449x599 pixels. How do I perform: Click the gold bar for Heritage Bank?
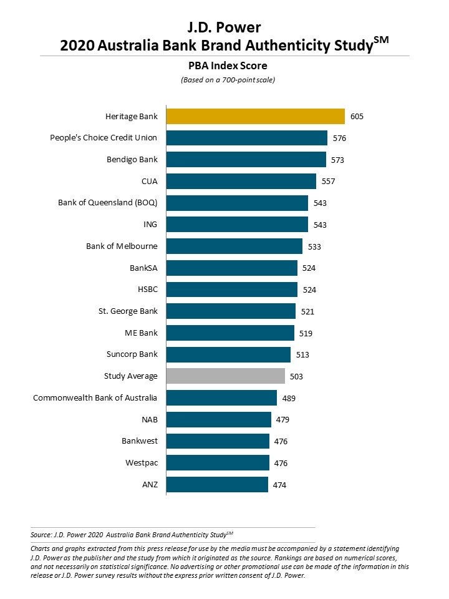[256, 117]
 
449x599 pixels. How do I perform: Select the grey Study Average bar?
[226, 376]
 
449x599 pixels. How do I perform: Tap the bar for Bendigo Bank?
[246, 160]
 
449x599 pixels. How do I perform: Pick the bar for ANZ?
[217, 484]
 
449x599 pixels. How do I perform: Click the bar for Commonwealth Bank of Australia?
[221, 398]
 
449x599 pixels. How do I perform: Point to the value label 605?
[357, 117]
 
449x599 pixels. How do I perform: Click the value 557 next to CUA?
[328, 182]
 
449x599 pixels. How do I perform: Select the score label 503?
[297, 376]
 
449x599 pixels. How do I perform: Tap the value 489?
[289, 398]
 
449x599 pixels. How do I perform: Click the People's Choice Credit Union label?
[104, 138]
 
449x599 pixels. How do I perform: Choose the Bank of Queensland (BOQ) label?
[108, 203]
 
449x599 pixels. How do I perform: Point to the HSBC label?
[148, 290]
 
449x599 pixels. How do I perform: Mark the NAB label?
[150, 419]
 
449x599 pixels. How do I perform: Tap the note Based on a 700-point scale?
[228, 80]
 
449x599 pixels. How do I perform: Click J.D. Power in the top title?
[224, 27]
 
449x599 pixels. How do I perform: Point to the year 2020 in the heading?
[77, 46]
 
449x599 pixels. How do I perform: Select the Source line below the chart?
[132, 535]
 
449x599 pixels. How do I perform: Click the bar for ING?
[238, 225]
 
